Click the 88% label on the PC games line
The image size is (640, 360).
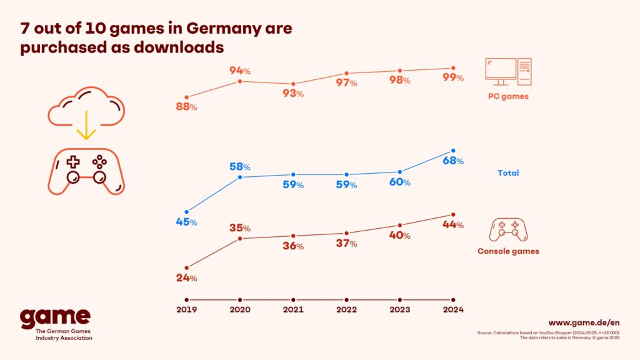[186, 107]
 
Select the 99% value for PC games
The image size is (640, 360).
[452, 77]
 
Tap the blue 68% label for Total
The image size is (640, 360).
[452, 161]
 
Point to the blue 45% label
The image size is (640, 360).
[186, 222]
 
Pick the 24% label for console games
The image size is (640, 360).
[186, 277]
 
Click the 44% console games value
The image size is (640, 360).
[452, 224]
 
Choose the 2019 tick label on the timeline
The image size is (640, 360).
[186, 309]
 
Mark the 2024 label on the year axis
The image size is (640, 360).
[453, 309]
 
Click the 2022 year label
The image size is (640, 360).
[346, 309]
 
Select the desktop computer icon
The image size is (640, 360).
[507, 72]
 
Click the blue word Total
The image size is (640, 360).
[508, 172]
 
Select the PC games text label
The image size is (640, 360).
[508, 96]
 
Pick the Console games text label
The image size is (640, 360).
[508, 251]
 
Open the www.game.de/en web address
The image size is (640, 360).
[584, 322]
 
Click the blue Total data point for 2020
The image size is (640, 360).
[240, 177]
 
